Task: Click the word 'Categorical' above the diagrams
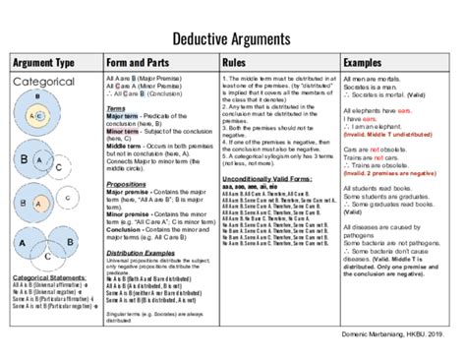43,84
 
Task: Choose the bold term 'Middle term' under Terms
123,143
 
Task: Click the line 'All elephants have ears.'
379,112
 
